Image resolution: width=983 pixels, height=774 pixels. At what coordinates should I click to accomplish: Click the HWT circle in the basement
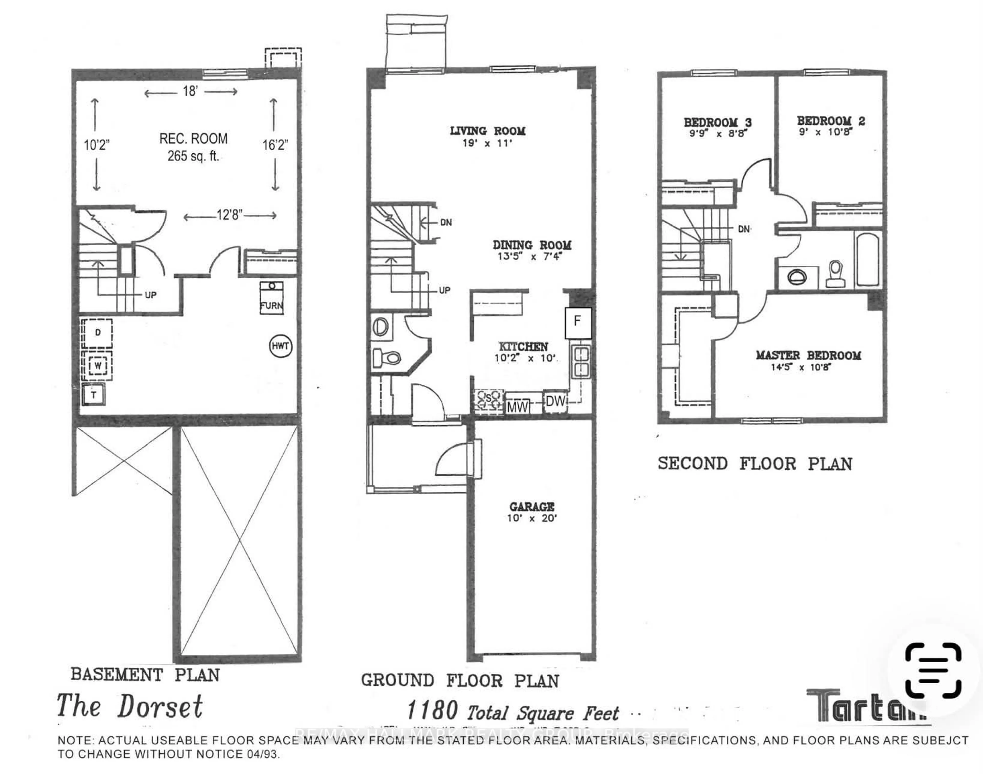coord(280,346)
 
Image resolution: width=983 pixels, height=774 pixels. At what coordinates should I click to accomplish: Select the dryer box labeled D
coord(97,333)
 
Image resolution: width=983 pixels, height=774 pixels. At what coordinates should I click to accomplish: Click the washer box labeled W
coord(97,365)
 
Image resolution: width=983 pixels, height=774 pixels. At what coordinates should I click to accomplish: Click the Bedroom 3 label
coord(718,122)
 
